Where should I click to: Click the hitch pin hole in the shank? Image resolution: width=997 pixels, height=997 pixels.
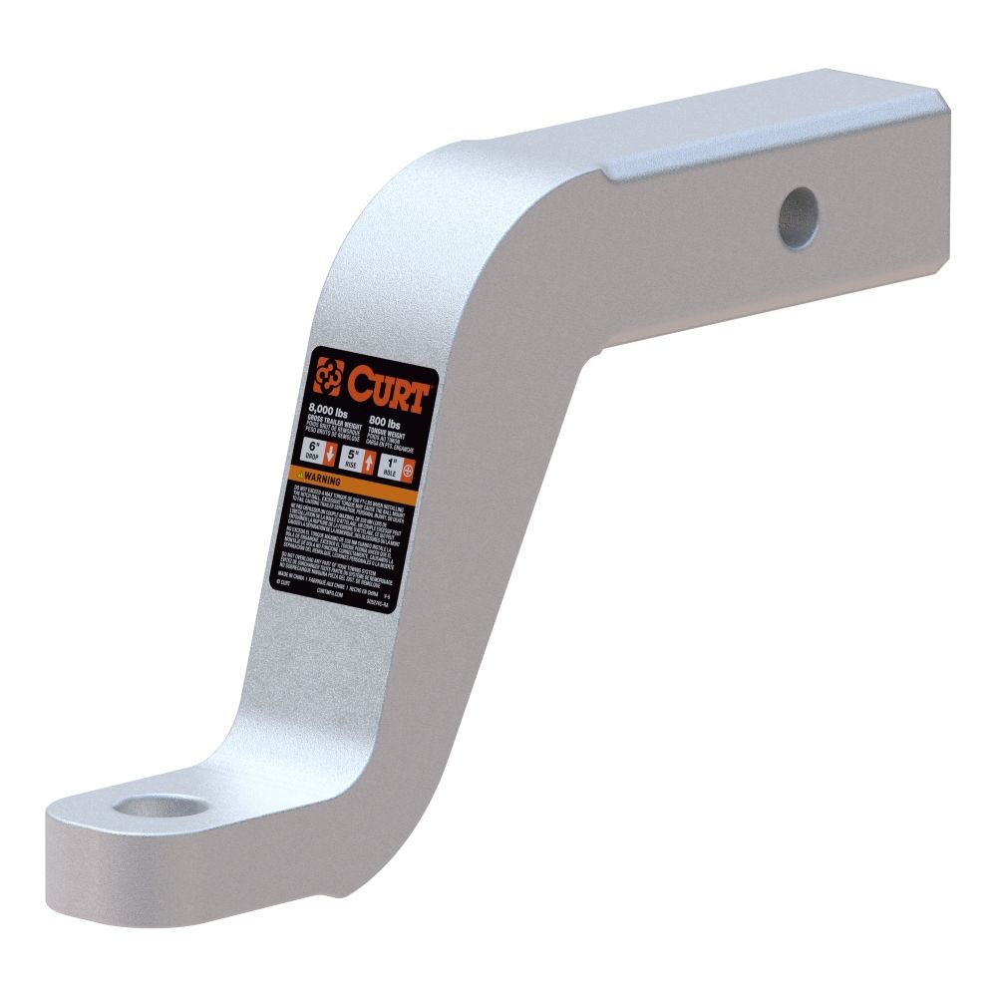click(799, 220)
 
